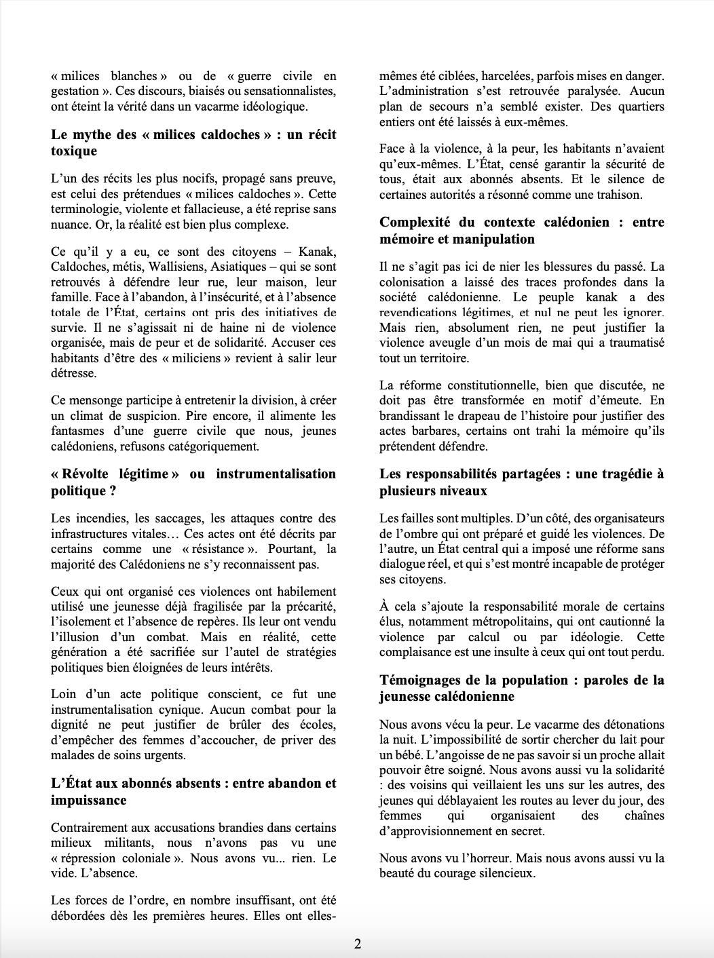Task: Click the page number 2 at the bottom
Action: (x=357, y=944)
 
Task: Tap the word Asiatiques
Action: (x=257, y=267)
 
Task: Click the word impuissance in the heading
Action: (x=89, y=800)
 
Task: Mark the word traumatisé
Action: (x=634, y=343)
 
